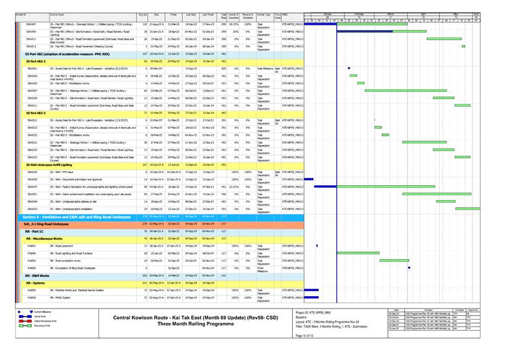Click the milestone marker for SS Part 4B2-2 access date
click(349, 69)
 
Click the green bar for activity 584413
click(463, 46)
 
